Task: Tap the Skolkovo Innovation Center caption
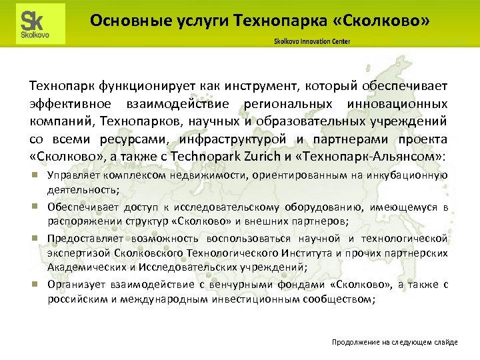tap(311, 41)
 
